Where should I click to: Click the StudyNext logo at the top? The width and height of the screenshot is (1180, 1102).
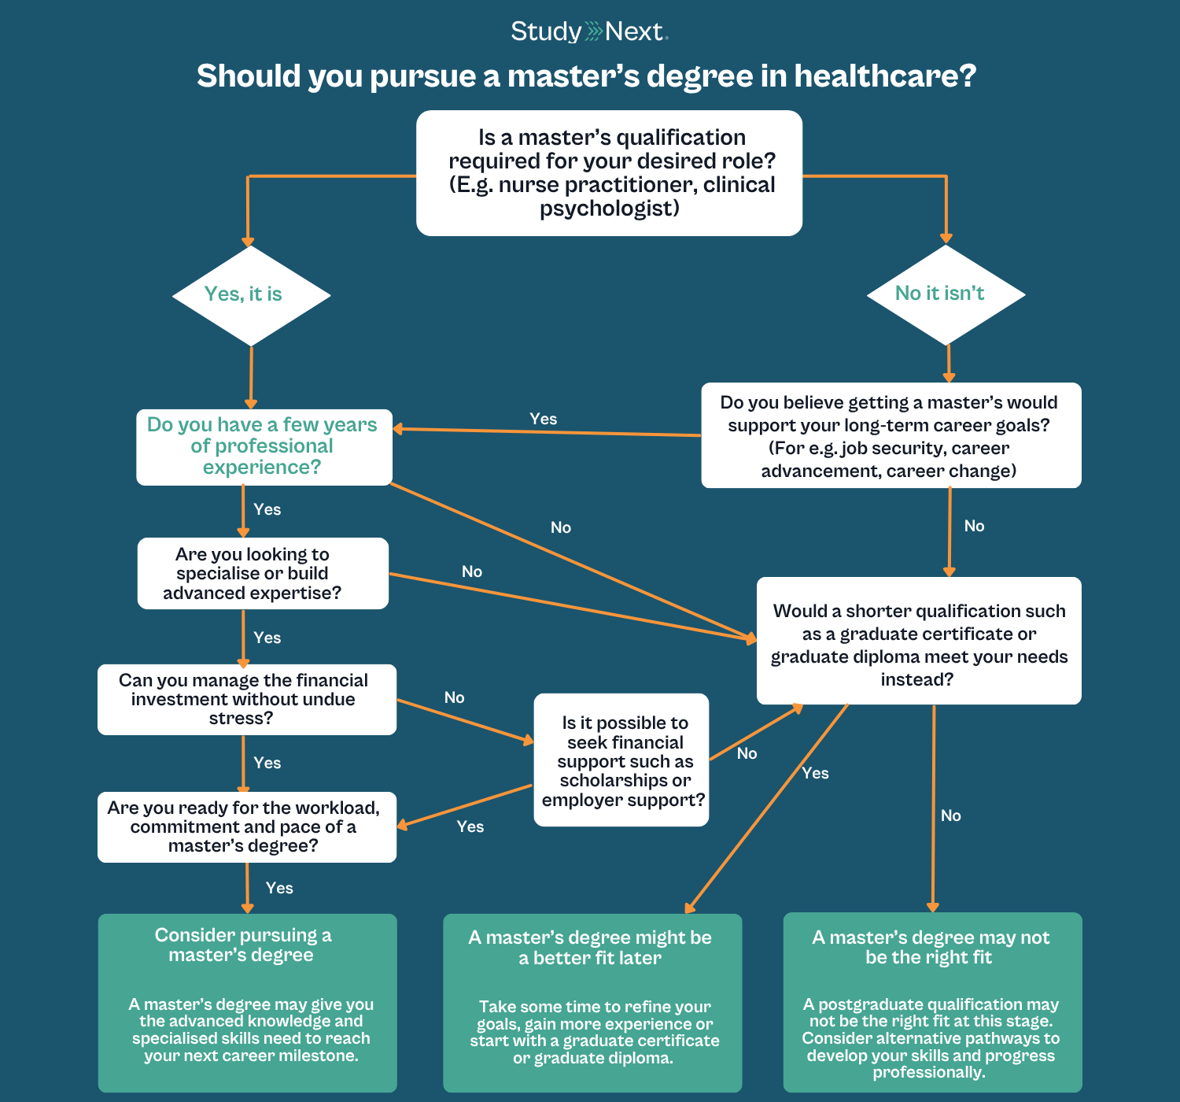coord(589,31)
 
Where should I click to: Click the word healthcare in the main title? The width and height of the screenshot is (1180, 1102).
coord(885,76)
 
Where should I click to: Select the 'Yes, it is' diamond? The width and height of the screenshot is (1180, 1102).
coord(251,295)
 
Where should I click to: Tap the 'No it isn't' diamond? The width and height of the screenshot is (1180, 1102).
coord(946,294)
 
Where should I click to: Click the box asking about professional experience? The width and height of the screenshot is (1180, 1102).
coord(264,446)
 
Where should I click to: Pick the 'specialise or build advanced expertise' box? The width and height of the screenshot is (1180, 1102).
coord(263,573)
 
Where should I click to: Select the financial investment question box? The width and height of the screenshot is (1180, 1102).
coord(246,700)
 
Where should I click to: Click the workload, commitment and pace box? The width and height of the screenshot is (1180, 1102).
coord(246,826)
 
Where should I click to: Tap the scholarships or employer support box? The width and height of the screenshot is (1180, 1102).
coord(621,760)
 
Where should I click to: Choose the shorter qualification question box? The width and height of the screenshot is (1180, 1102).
coord(919,641)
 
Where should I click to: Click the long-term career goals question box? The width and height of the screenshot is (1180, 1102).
coord(891,435)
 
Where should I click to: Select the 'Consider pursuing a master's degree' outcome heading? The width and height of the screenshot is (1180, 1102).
coord(242,945)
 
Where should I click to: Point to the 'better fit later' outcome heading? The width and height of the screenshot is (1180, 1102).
coord(590,948)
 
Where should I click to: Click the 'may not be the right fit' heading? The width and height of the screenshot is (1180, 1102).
coord(930,947)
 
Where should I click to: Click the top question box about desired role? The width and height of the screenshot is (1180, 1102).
coord(609,173)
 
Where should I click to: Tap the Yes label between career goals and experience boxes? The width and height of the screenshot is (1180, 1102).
coord(543,419)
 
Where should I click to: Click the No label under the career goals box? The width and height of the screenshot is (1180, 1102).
coord(974,526)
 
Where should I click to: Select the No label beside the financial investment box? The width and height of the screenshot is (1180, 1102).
coord(454,697)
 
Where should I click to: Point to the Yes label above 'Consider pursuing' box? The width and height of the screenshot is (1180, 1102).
coord(279,888)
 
